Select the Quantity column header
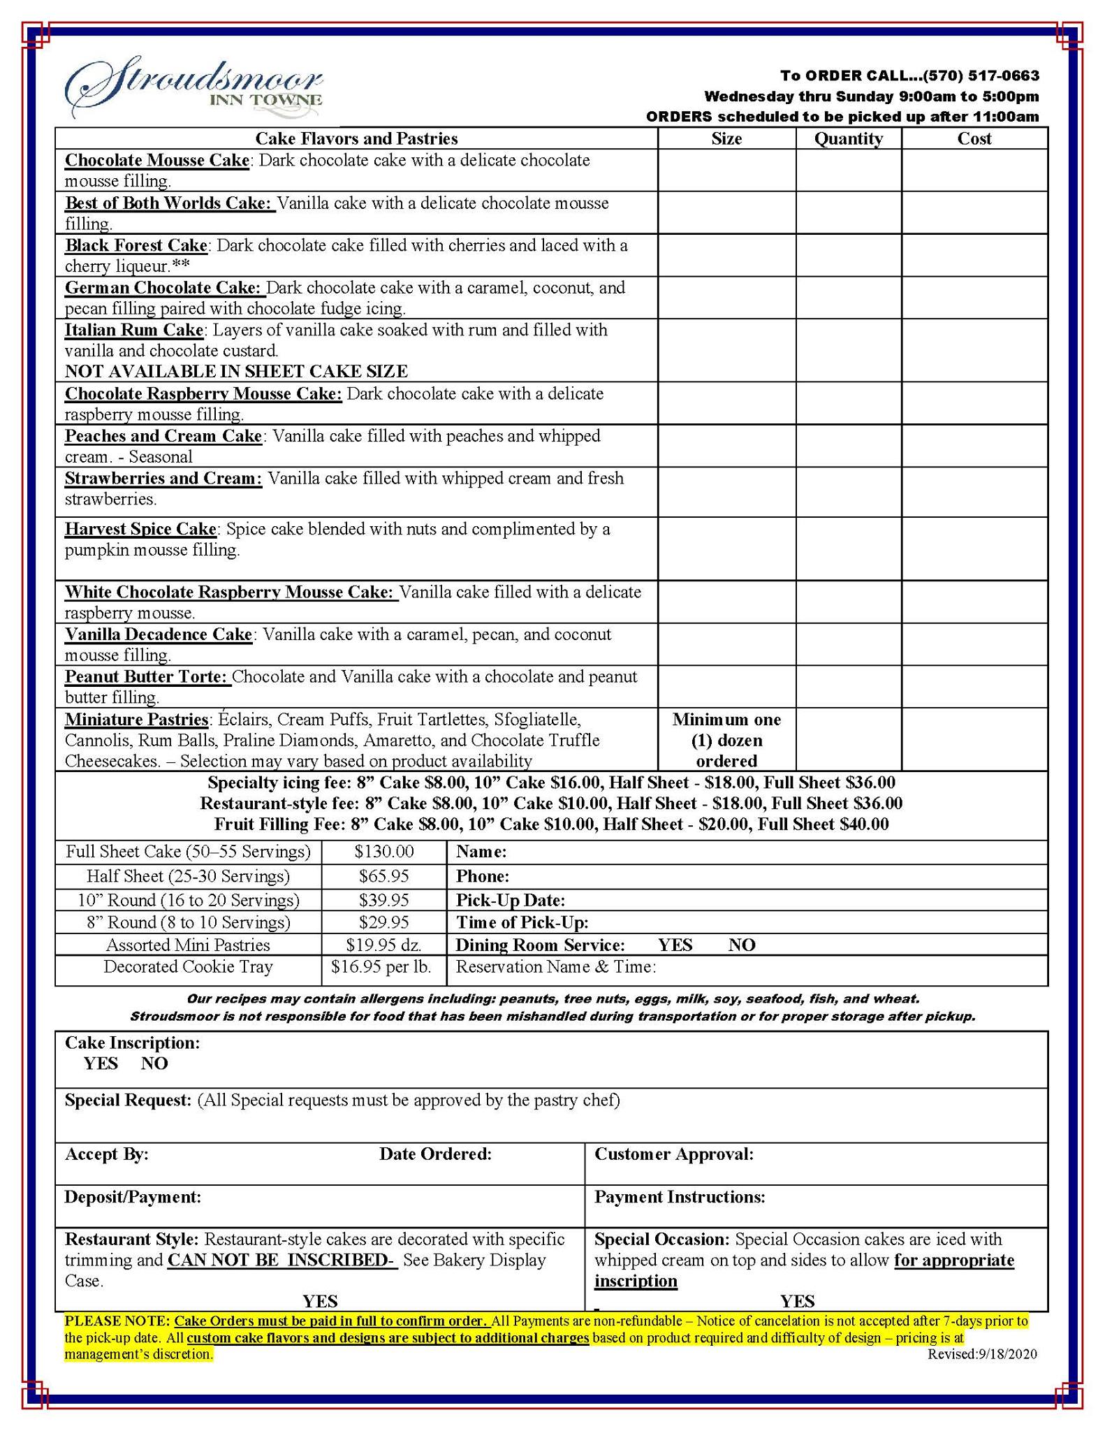[x=848, y=138]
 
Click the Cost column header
[x=974, y=138]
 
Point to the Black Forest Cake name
[x=136, y=245]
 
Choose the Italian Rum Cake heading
[x=134, y=330]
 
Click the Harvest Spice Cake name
[x=140, y=529]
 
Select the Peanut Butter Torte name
[x=147, y=676]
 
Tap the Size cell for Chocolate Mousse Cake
[x=726, y=170]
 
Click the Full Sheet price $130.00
[x=384, y=852]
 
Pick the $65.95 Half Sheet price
[x=384, y=876]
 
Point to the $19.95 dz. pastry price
[x=384, y=945]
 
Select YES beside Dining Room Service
[x=675, y=945]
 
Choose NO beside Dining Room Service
[x=742, y=945]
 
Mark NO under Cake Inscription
[x=154, y=1063]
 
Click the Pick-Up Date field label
[x=511, y=900]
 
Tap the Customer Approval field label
[x=674, y=1154]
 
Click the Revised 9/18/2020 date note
[x=982, y=1354]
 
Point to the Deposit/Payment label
[x=133, y=1197]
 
